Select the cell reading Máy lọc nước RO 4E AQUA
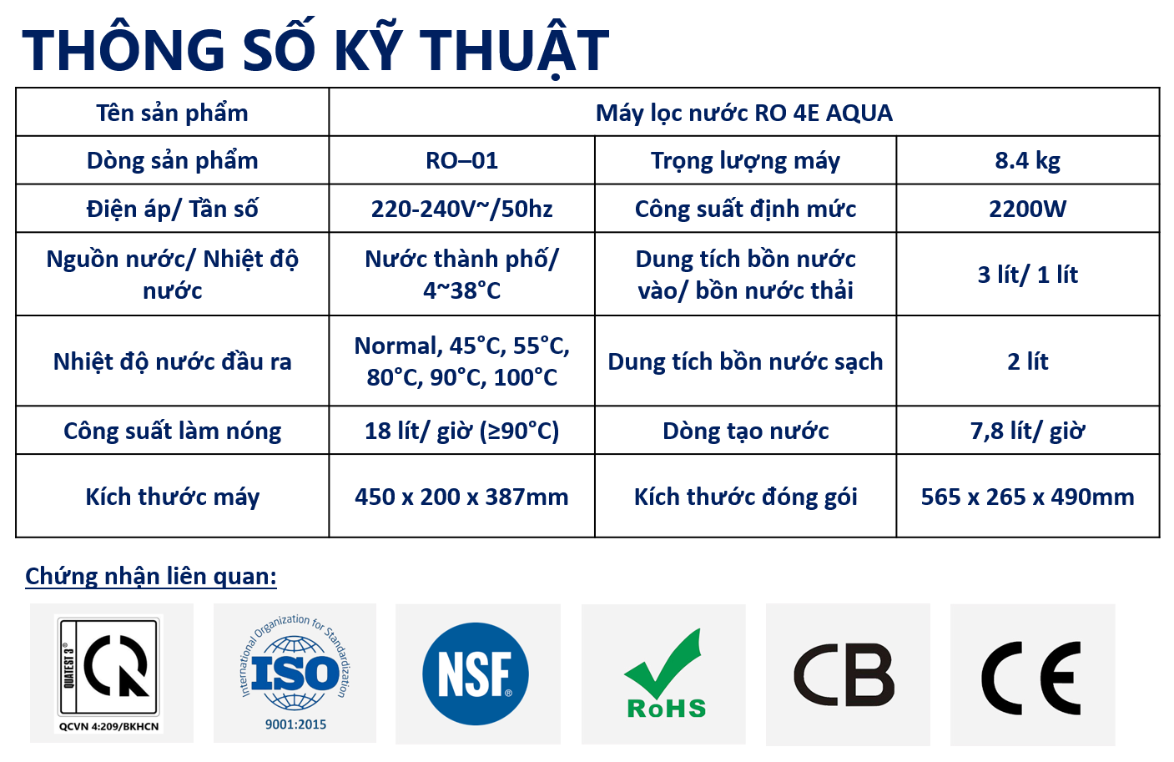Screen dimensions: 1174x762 point(743,113)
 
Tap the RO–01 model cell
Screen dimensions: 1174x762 point(461,160)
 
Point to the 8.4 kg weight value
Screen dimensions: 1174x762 point(1027,161)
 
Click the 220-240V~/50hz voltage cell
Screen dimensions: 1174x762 point(461,209)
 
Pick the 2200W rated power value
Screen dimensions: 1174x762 point(1027,209)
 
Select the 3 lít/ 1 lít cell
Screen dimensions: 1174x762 point(1027,274)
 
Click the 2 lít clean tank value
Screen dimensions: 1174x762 point(1027,361)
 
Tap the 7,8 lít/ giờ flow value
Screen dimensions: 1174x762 point(1027,431)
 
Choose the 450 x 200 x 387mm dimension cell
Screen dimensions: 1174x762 point(461,497)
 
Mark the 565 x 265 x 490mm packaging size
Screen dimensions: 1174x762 point(1027,497)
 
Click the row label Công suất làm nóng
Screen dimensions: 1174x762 point(172,431)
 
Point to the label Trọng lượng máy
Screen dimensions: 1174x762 point(745,161)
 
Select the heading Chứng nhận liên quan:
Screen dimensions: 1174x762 point(151,576)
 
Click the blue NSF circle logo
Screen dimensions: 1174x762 point(476,674)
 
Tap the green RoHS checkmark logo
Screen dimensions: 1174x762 point(664,674)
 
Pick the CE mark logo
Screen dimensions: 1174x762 point(1031,678)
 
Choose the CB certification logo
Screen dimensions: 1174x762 point(844,675)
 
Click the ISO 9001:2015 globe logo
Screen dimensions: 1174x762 point(295,673)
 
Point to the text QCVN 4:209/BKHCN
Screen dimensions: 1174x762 point(108,726)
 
